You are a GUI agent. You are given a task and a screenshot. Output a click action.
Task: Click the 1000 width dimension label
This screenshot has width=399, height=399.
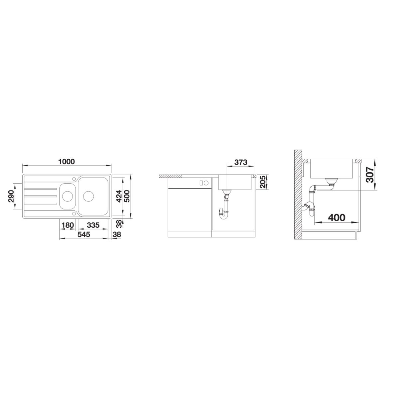(66, 162)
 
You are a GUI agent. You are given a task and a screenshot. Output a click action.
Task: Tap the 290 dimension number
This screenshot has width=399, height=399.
(11, 196)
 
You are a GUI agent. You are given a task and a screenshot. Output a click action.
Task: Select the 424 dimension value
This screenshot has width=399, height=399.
(119, 196)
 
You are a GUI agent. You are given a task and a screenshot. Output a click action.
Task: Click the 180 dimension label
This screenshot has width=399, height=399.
(68, 225)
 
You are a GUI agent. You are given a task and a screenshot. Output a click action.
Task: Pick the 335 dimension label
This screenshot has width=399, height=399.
(93, 225)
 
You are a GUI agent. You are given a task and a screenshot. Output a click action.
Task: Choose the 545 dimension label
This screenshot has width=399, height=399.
(83, 234)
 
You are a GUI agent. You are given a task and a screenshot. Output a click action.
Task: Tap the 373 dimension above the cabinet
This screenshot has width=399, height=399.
(241, 162)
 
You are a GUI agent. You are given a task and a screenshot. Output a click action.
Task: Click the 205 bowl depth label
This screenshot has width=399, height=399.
(263, 182)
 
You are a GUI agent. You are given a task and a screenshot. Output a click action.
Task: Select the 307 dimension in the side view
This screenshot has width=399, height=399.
(370, 175)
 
